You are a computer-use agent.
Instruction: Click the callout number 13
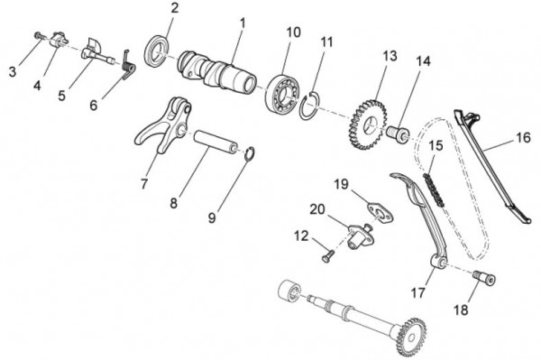coord(390,56)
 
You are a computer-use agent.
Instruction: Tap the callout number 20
coord(317,209)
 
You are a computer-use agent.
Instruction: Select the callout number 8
coord(173,203)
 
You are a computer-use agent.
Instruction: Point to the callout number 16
coord(523,137)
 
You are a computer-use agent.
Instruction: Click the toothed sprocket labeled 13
coord(368,125)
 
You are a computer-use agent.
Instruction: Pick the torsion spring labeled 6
coord(128,66)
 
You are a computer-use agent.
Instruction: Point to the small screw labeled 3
coord(38,35)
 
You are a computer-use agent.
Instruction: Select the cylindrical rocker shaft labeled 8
coord(215,142)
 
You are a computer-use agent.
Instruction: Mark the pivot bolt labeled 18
coord(484,277)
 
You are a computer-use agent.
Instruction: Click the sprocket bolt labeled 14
coord(399,134)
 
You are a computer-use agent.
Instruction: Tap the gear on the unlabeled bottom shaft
coord(412,337)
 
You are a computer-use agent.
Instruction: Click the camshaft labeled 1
coord(217,70)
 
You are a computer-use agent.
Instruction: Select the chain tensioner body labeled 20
coord(358,235)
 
